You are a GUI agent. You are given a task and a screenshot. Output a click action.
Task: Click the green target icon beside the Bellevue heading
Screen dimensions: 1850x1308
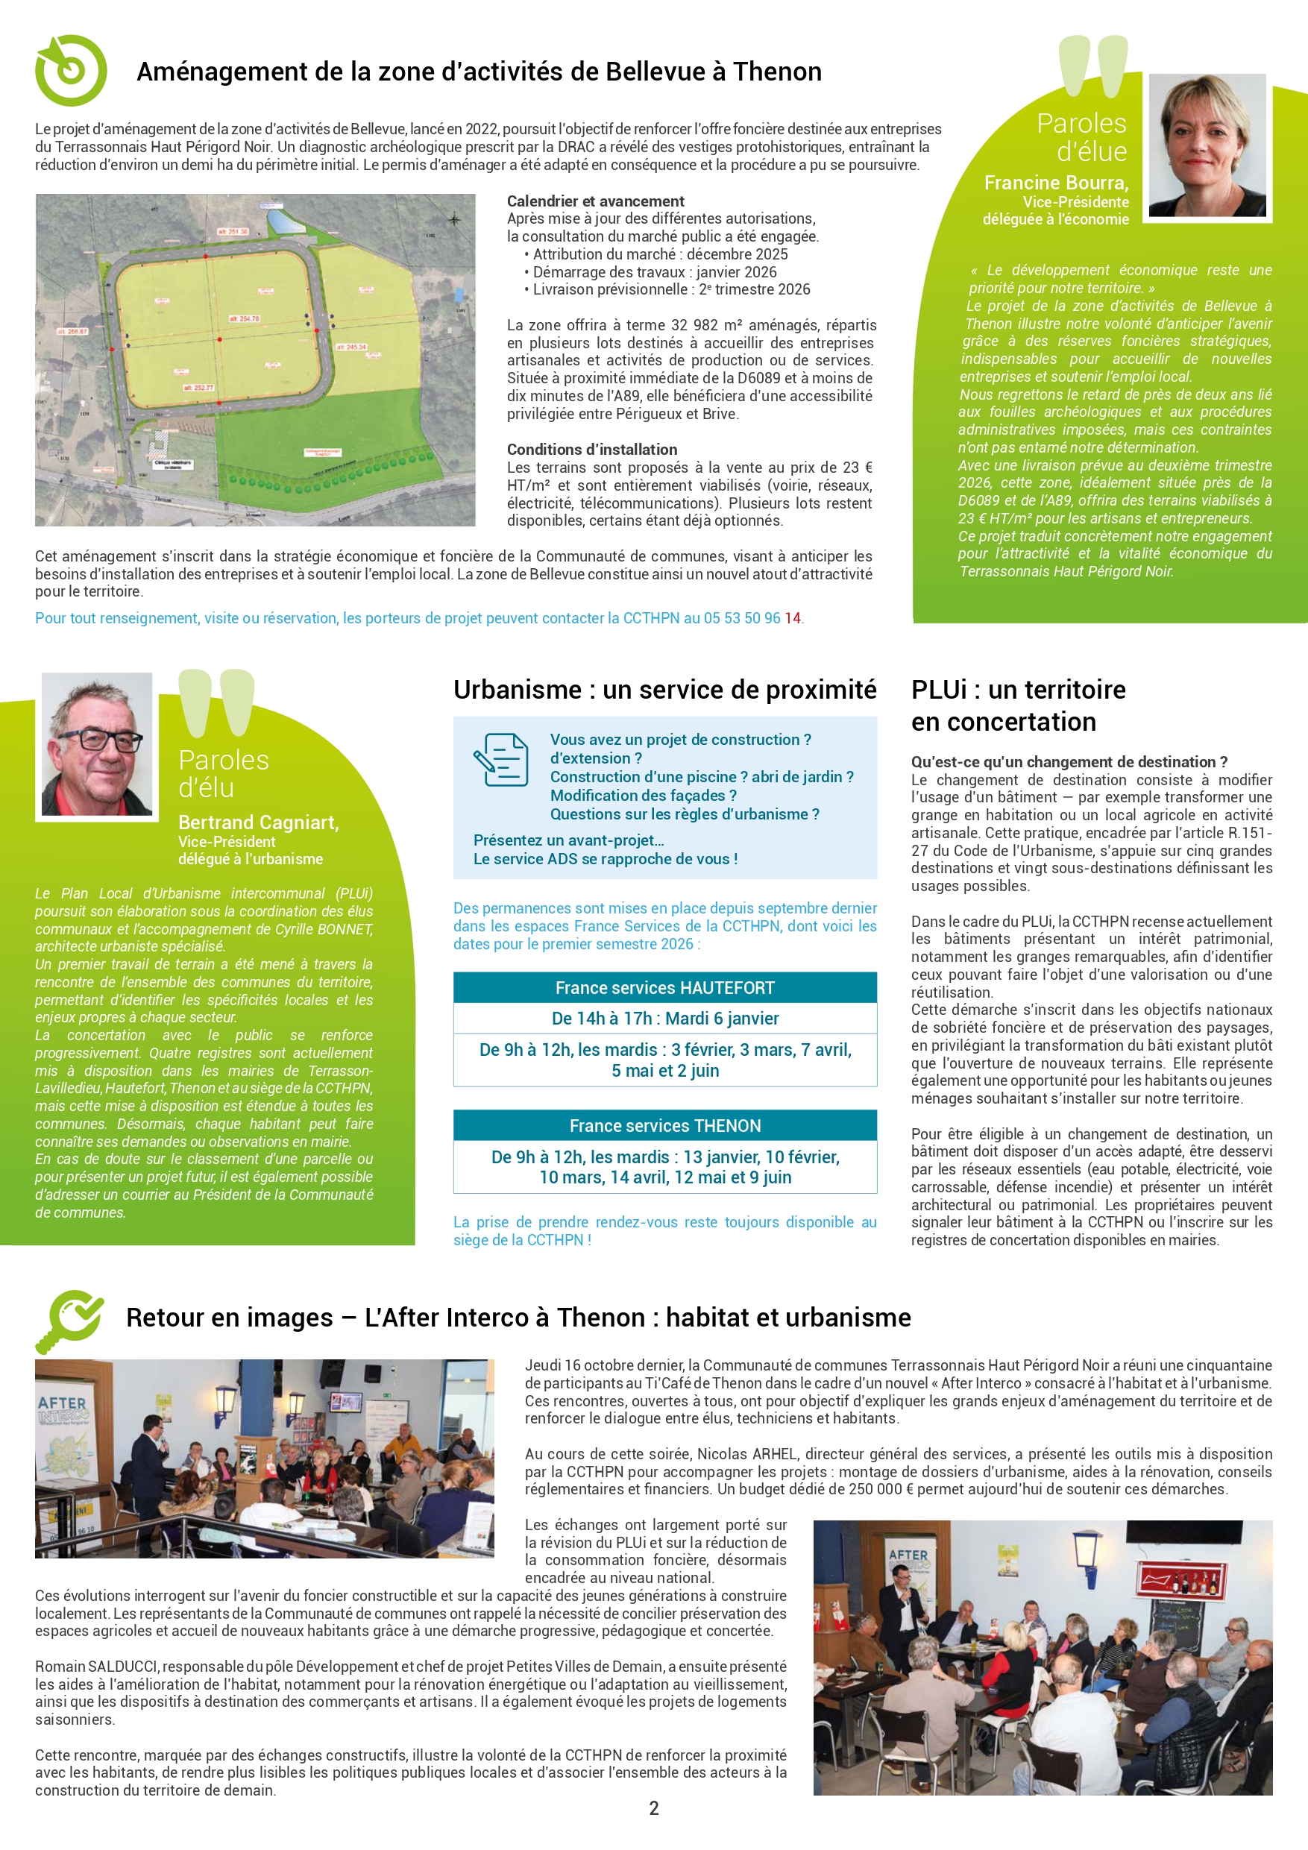70,71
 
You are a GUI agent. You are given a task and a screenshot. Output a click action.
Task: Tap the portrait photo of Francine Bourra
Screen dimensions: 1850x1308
1207,145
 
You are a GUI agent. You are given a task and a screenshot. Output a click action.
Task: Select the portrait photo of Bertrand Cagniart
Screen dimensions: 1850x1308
97,743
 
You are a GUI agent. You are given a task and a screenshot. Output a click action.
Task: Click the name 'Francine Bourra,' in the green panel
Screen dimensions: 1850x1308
1056,183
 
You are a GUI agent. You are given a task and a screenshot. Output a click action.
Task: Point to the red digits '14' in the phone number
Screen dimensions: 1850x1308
792,618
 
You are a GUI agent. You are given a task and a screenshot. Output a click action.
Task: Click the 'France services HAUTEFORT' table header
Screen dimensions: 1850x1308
665,988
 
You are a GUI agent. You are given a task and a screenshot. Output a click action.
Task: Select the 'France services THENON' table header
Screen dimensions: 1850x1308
665,1126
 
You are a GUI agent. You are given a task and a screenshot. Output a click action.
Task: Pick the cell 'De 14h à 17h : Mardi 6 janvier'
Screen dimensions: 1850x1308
665,1019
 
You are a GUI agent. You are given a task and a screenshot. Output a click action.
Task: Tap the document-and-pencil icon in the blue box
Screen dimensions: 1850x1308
500,759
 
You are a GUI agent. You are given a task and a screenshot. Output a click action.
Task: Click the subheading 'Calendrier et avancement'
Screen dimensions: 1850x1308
596,201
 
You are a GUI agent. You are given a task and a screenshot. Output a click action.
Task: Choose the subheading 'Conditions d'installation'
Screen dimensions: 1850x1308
591,450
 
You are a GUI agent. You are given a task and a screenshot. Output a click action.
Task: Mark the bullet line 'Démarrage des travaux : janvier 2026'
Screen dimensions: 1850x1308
655,272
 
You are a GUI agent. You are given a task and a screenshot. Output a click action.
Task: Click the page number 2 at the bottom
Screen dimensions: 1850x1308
653,1808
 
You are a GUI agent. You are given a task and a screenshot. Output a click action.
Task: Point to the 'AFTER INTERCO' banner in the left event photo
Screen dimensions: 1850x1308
63,1410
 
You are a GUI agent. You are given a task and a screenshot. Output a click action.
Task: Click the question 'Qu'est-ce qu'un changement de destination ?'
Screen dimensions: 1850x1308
1069,762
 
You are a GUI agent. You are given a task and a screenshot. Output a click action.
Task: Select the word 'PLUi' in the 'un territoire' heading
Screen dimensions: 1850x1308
939,690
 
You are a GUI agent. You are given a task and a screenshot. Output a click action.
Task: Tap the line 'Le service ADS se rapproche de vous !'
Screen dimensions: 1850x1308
606,859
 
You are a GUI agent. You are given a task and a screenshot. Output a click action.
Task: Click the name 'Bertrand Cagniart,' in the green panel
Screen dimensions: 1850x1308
258,822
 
